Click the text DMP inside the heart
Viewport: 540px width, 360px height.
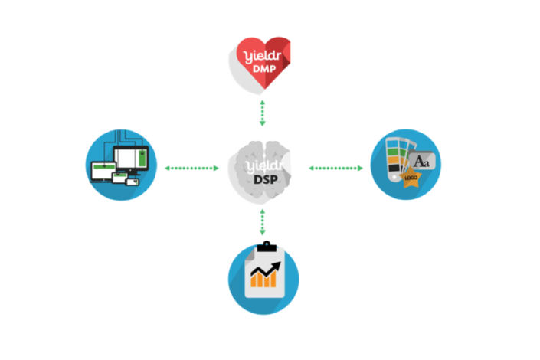click(264, 69)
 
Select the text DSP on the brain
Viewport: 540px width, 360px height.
click(266, 179)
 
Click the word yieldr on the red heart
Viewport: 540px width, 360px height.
click(263, 56)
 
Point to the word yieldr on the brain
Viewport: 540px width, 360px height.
click(263, 167)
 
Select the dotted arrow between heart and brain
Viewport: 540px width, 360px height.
click(263, 113)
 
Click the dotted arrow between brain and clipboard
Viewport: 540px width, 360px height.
click(263, 222)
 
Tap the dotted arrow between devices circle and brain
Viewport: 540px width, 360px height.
click(191, 168)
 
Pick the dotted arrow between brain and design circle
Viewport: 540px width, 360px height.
click(335, 168)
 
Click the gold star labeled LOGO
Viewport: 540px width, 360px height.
click(411, 178)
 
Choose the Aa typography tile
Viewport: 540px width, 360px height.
click(422, 161)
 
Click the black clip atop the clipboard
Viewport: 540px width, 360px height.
click(267, 247)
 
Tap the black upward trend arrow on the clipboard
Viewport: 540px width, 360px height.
click(266, 269)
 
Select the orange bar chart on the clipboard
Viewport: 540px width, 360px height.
click(263, 280)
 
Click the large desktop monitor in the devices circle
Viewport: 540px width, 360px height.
click(131, 159)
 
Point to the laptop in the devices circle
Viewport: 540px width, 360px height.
click(103, 172)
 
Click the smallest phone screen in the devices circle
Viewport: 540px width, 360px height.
click(133, 182)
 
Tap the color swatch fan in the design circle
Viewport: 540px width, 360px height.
click(397, 158)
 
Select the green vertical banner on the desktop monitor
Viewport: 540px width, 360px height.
click(142, 158)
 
